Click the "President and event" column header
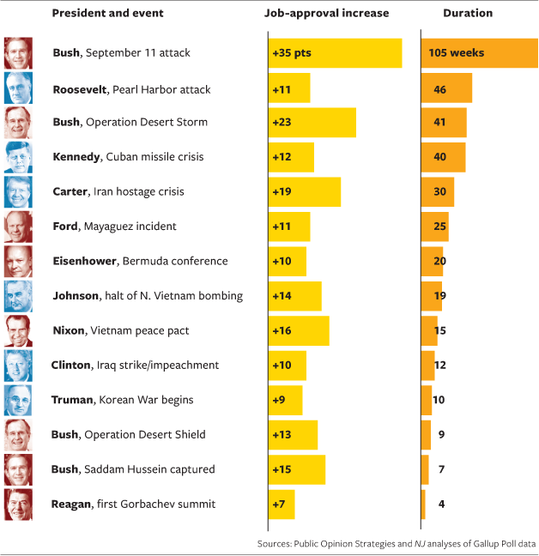(107, 13)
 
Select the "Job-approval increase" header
(326, 13)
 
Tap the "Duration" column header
(468, 13)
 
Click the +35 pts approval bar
(335, 53)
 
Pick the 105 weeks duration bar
(479, 53)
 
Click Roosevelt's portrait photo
(18, 88)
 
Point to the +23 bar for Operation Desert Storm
(312, 122)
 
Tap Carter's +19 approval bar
(304, 191)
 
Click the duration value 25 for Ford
(439, 227)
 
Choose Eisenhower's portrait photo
(18, 261)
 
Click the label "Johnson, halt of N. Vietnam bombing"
(148, 296)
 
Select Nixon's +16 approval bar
(299, 330)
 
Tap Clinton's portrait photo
(18, 365)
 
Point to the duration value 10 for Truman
(439, 400)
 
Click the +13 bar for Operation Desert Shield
(293, 434)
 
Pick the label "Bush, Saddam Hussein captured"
(133, 469)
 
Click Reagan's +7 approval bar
(282, 504)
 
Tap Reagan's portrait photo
(18, 504)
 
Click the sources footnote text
(397, 544)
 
